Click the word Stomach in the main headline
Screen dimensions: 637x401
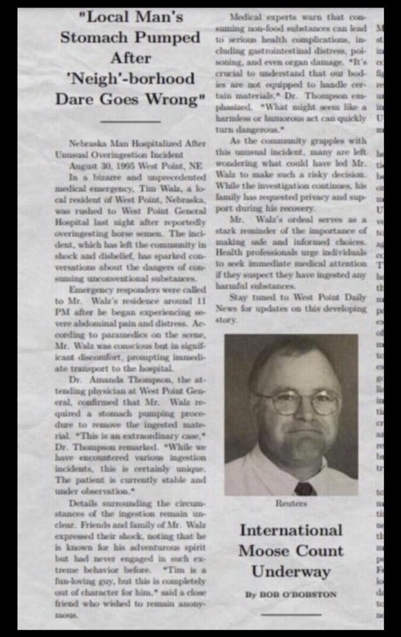coord(92,37)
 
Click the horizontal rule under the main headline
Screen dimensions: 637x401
coord(130,121)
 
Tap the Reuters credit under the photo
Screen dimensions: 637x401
coord(291,503)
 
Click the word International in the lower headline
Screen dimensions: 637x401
coord(291,530)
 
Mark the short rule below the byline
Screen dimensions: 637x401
coord(291,615)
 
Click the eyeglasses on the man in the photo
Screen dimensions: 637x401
coord(299,402)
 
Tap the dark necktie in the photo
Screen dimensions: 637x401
coord(305,488)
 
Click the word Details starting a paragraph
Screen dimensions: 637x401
coord(83,502)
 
